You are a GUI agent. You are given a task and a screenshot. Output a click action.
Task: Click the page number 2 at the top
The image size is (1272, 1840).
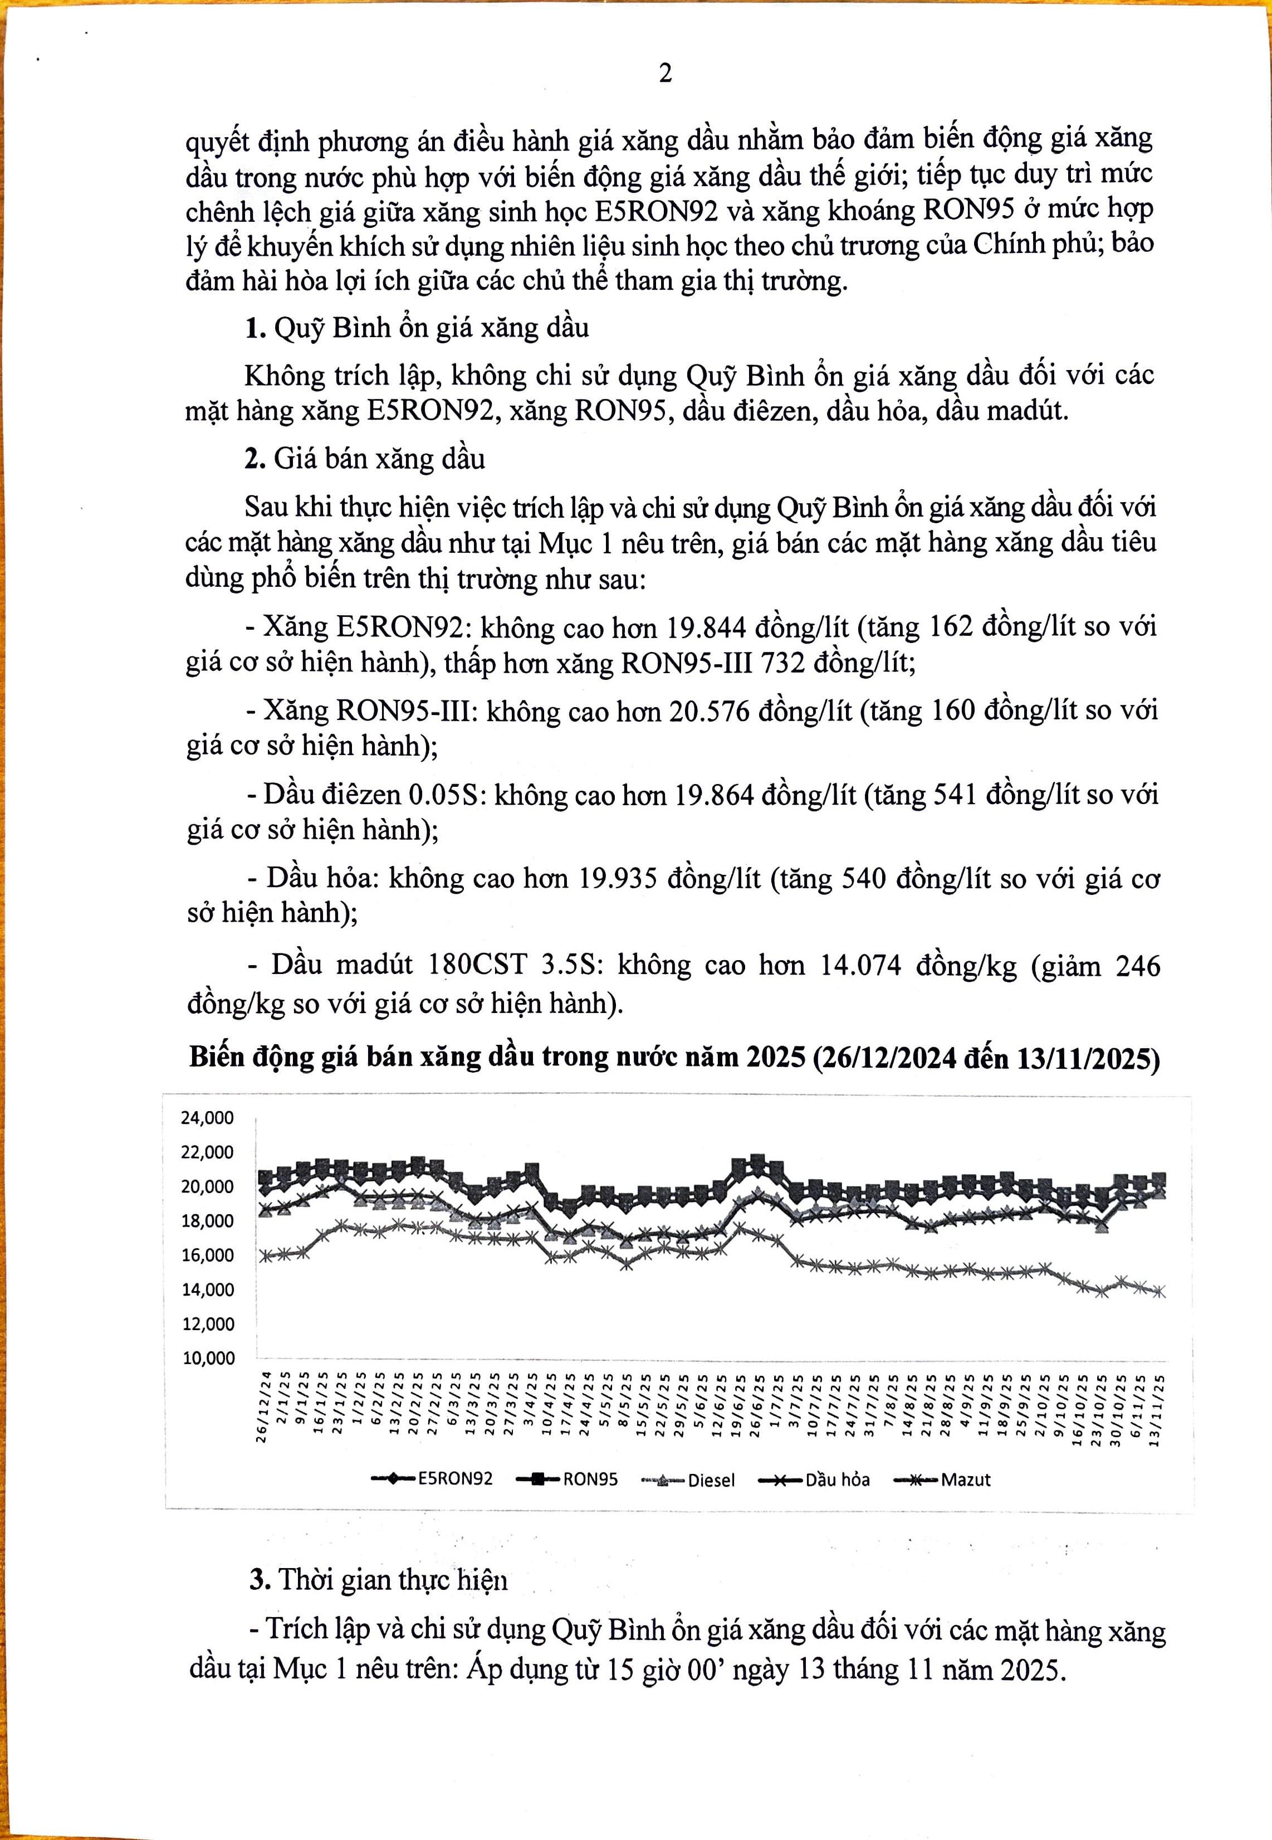[x=666, y=74]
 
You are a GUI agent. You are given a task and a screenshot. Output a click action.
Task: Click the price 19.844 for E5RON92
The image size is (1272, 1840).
[x=706, y=627]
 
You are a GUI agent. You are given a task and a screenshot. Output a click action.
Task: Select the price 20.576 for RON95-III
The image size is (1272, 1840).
[x=710, y=711]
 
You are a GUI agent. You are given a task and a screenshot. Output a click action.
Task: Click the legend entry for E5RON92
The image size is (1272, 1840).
[x=455, y=1479]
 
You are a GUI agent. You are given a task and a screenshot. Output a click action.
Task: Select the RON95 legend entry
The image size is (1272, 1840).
[x=590, y=1479]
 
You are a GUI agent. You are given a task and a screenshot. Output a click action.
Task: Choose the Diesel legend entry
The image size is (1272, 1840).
[x=711, y=1481]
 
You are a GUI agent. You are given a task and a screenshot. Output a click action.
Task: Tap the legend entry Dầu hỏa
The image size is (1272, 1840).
[x=837, y=1479]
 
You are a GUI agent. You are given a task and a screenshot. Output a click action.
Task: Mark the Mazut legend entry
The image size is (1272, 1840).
[x=965, y=1479]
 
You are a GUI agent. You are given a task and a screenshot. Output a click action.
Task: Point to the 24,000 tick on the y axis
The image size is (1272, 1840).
[x=207, y=1118]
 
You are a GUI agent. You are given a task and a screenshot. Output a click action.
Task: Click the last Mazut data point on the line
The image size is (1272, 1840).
[x=1160, y=1292]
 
